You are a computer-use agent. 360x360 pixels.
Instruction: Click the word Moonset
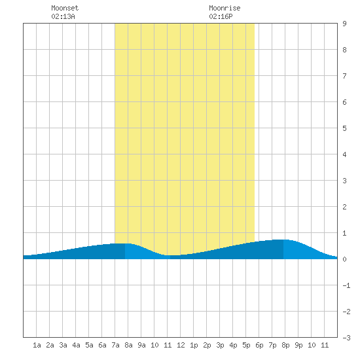click(x=65, y=8)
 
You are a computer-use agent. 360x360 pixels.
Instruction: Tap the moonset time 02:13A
click(x=63, y=16)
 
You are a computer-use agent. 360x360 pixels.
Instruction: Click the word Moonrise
click(x=225, y=8)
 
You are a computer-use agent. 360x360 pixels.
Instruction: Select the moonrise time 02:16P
click(x=221, y=16)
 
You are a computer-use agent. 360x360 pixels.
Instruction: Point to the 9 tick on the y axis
click(x=344, y=24)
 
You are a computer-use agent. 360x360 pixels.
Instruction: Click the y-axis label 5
click(x=344, y=128)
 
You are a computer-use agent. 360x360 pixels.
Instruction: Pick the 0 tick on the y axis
click(x=344, y=259)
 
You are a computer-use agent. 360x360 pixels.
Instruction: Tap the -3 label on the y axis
click(x=346, y=338)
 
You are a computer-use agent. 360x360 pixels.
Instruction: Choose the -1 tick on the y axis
click(x=346, y=285)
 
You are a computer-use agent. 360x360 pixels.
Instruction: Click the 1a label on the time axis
click(x=37, y=345)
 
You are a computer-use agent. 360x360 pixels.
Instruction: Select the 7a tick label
click(x=115, y=345)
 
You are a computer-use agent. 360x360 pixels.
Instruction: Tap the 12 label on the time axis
click(x=181, y=345)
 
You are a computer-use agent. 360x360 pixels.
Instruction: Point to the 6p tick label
click(x=259, y=345)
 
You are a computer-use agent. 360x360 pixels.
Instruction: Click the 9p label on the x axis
click(x=298, y=345)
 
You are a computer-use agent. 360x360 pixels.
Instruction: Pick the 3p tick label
click(x=220, y=345)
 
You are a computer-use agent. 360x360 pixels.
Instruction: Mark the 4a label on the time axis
click(x=76, y=345)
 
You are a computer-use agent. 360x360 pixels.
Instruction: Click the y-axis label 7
click(x=344, y=76)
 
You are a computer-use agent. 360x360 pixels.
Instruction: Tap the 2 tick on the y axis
click(x=344, y=207)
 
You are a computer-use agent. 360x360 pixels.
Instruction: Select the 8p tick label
click(x=285, y=345)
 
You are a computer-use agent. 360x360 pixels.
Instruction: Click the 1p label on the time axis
click(x=194, y=345)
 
